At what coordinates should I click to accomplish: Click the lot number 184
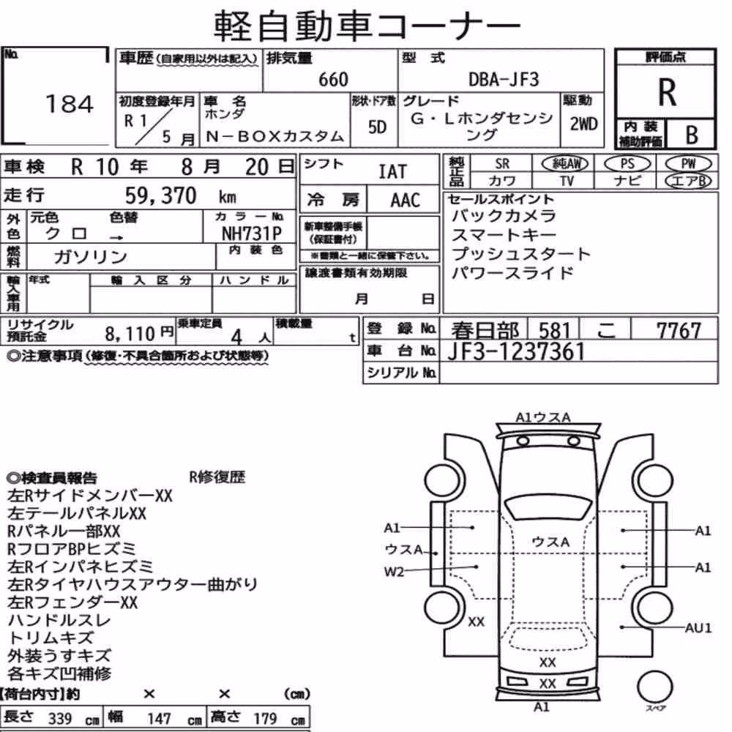click(x=70, y=104)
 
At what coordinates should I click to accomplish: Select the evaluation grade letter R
click(x=667, y=92)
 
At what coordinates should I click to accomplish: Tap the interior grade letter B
click(x=692, y=135)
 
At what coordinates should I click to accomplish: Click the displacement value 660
click(x=333, y=79)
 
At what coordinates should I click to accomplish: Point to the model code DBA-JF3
click(x=504, y=79)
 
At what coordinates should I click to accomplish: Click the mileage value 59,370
click(x=160, y=195)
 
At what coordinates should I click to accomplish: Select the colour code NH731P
click(x=252, y=233)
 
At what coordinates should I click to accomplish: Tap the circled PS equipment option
click(x=627, y=164)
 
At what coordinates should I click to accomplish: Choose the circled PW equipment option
click(x=688, y=164)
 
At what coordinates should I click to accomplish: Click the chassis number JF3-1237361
click(x=516, y=351)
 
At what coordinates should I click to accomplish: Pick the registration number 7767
click(x=679, y=331)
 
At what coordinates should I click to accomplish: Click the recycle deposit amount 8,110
click(x=130, y=334)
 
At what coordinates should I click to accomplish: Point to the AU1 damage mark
click(x=698, y=628)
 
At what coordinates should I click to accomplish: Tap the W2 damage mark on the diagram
click(x=394, y=572)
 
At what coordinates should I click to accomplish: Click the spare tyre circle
click(x=654, y=687)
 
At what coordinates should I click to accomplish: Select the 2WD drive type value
click(x=583, y=124)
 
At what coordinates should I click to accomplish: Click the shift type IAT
click(x=392, y=172)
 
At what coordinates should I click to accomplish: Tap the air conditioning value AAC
click(x=406, y=201)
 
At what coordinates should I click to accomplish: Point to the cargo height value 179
click(x=265, y=719)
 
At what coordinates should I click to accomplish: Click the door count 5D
click(x=377, y=127)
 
